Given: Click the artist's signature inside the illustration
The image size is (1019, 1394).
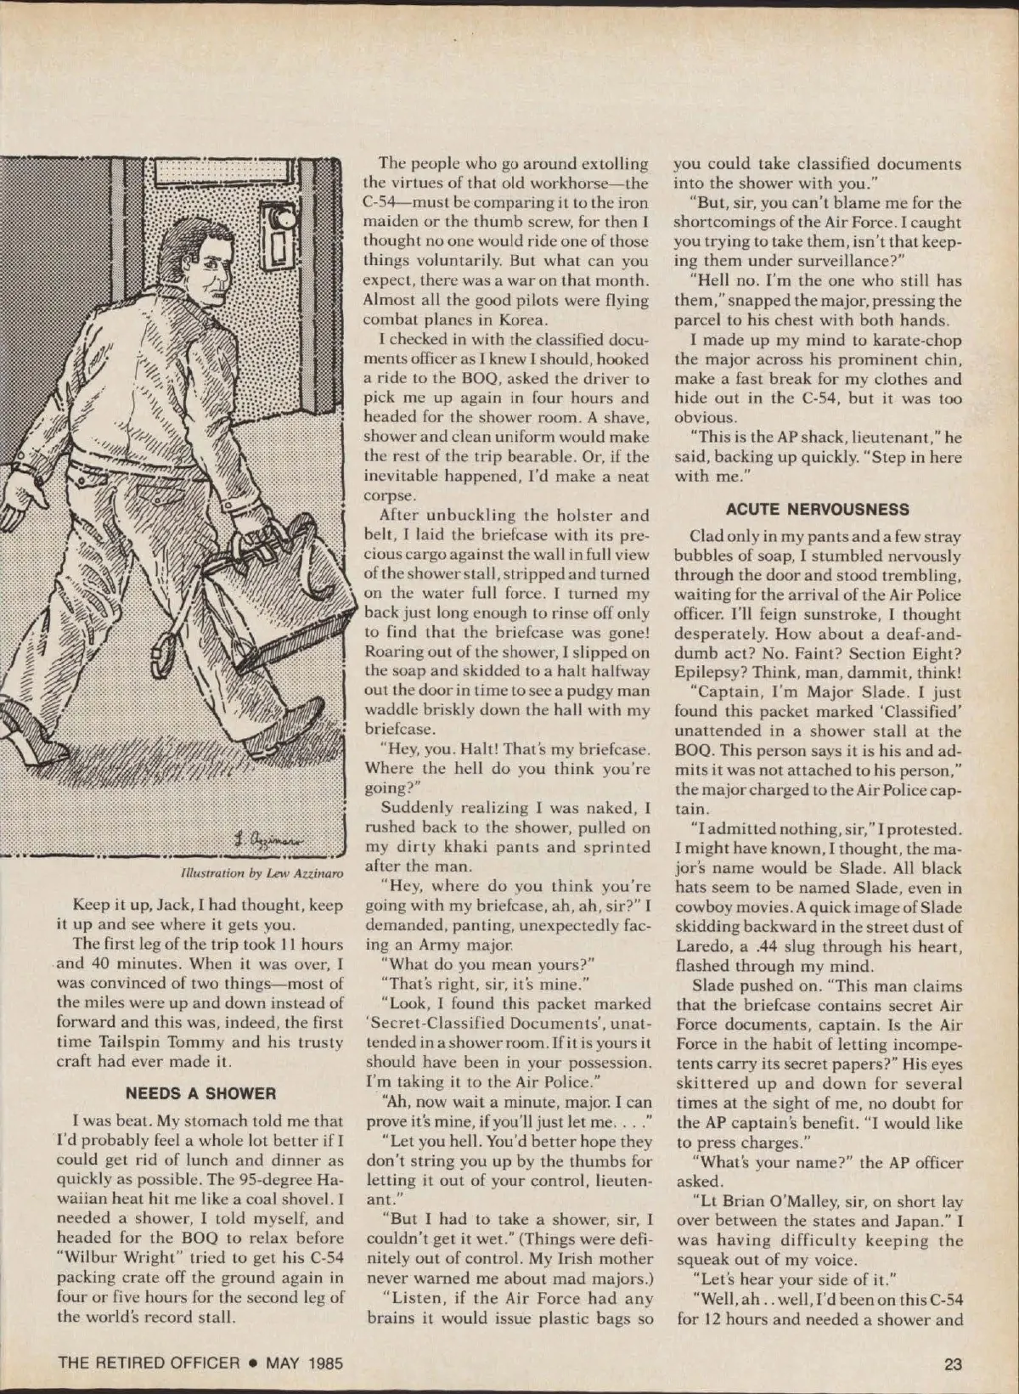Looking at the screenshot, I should (272, 838).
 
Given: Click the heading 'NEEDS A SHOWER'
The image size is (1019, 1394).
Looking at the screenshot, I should (200, 1093).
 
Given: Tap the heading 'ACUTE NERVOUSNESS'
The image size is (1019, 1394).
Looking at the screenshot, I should (817, 510).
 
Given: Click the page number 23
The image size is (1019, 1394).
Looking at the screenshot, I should (952, 1363).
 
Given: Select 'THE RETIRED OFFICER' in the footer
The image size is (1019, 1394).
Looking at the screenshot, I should (149, 1363).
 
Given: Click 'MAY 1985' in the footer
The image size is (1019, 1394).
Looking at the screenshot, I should (304, 1363).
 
